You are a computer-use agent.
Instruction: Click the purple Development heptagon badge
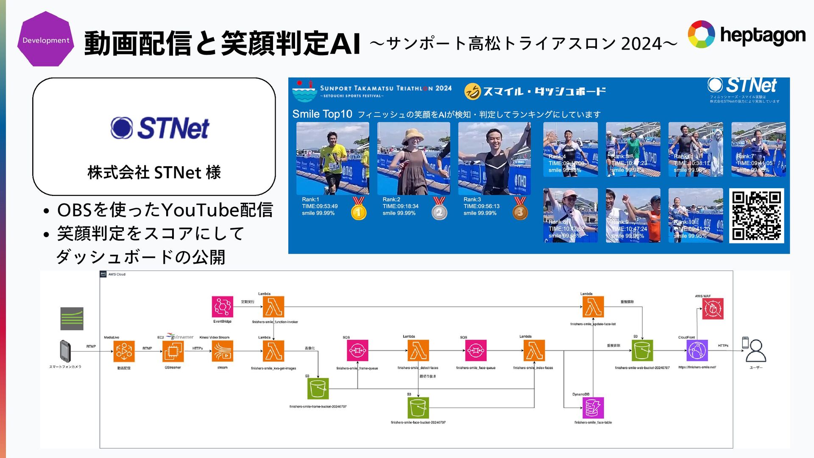pyautogui.click(x=45, y=39)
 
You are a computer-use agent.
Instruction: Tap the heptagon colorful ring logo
pyautogui.click(x=701, y=34)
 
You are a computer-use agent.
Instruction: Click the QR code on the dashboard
pyautogui.click(x=756, y=216)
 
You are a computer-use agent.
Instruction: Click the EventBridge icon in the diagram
pyautogui.click(x=223, y=307)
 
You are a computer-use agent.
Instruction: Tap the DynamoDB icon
pyautogui.click(x=593, y=408)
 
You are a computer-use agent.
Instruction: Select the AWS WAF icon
pyautogui.click(x=713, y=309)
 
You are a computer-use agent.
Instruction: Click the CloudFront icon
pyautogui.click(x=697, y=351)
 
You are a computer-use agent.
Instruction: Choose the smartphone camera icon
pyautogui.click(x=65, y=351)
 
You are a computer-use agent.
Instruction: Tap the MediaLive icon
pyautogui.click(x=124, y=351)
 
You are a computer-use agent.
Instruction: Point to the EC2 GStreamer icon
pyautogui.click(x=173, y=351)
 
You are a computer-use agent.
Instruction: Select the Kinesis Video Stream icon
pyautogui.click(x=223, y=351)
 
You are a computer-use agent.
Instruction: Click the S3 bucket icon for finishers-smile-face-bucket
pyautogui.click(x=418, y=408)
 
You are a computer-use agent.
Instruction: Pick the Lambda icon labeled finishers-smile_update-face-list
pyautogui.click(x=593, y=307)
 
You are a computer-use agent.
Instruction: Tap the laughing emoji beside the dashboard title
pyautogui.click(x=472, y=91)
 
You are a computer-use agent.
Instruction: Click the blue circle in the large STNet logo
pyautogui.click(x=122, y=128)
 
